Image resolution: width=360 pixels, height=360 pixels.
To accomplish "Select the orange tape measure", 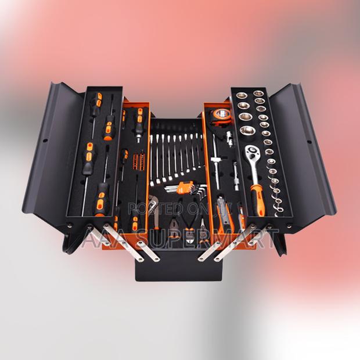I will point(221,114).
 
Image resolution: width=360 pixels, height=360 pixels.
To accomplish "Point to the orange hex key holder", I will point(185,186).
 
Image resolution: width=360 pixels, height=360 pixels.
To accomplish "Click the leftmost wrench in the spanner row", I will point(155,157).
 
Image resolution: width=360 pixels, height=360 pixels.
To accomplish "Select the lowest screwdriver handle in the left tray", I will point(105,195).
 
